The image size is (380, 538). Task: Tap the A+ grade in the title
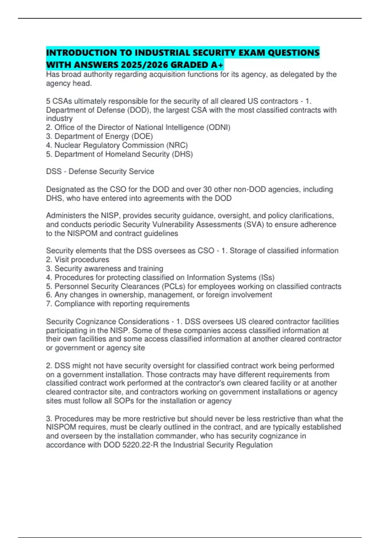click(x=217, y=65)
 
